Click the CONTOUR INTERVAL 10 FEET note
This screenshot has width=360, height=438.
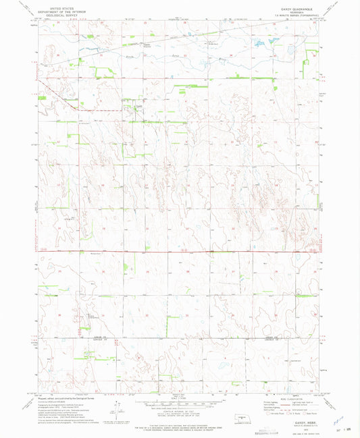[179, 411]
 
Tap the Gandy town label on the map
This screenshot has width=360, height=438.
[137, 107]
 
